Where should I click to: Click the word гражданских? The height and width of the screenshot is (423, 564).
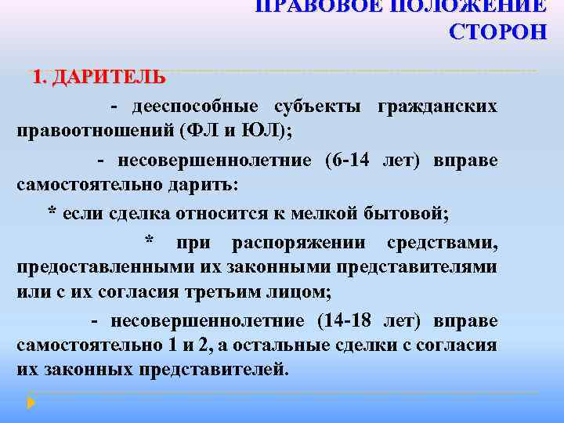(x=437, y=106)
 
